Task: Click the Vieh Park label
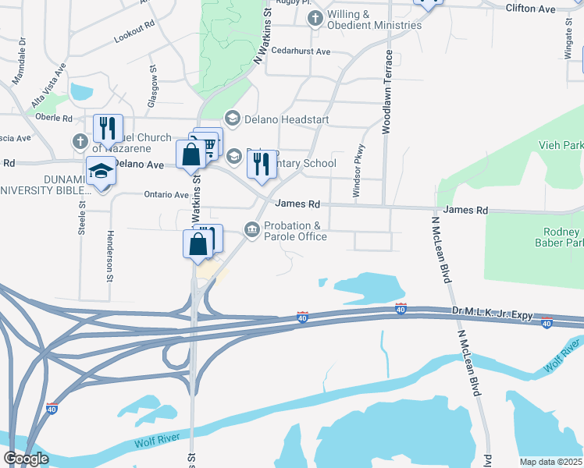561,145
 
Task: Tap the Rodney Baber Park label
563,239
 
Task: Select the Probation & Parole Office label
295,232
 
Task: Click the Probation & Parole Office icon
252,229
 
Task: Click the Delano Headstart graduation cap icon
232,119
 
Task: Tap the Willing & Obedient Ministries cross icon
315,18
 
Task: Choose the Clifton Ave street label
552,9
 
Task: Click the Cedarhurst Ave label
301,51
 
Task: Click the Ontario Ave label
166,195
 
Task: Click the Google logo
26,459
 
